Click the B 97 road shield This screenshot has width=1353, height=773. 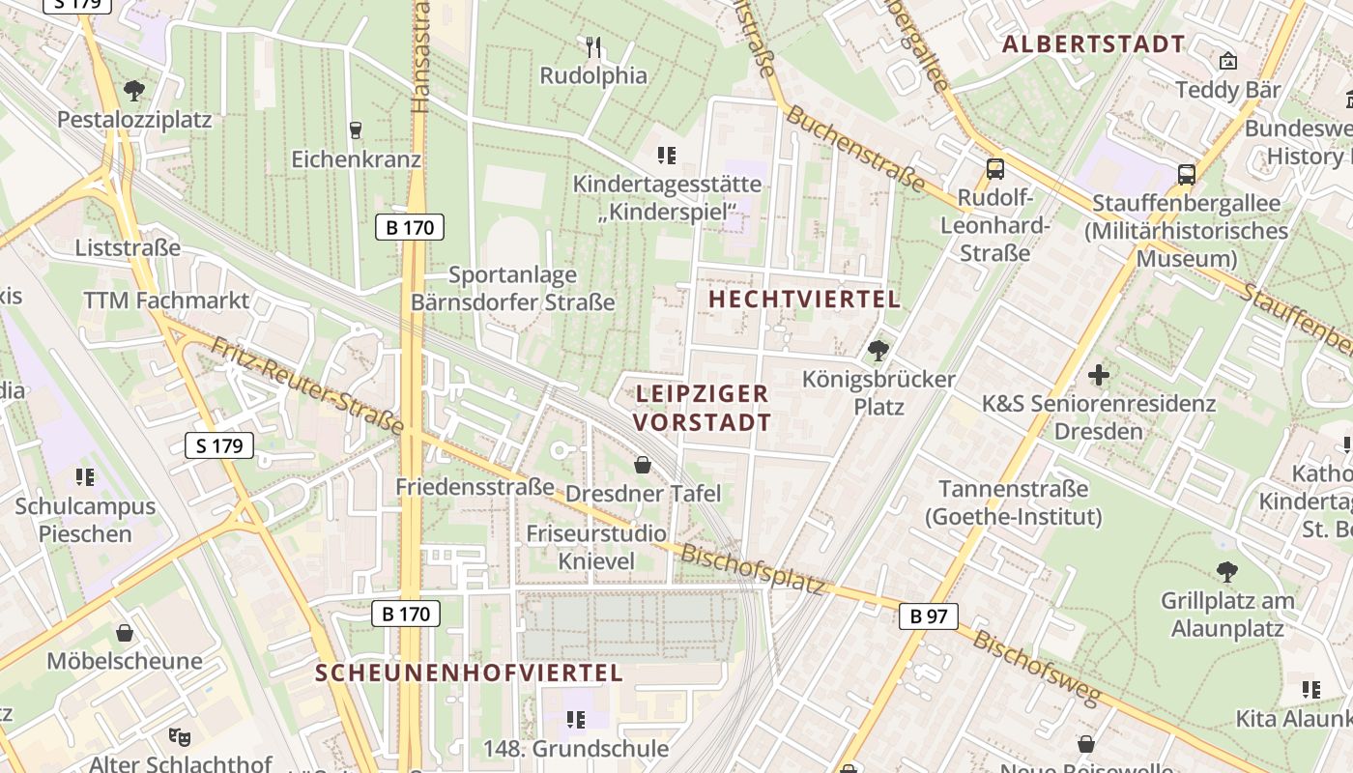(x=928, y=616)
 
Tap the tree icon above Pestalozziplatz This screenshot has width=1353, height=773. (x=134, y=92)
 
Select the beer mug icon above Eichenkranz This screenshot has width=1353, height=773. (x=356, y=129)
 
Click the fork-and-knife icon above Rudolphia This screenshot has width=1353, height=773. (x=593, y=45)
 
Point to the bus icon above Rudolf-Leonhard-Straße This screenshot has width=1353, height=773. (x=995, y=169)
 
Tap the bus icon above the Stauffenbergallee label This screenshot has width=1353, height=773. (x=1187, y=174)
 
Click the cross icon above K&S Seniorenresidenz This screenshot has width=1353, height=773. (x=1098, y=374)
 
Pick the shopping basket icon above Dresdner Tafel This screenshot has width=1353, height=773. (x=643, y=465)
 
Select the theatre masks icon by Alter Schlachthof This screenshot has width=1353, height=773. (x=179, y=737)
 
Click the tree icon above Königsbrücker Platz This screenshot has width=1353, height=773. (x=878, y=350)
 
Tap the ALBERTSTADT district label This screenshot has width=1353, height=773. (x=1093, y=43)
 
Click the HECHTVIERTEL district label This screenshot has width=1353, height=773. (x=804, y=300)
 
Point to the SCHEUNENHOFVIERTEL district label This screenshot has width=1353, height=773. (x=469, y=673)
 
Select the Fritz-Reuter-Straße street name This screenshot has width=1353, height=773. (x=306, y=385)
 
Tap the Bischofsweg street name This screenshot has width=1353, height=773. (x=1037, y=667)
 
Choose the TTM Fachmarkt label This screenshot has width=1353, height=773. (x=166, y=301)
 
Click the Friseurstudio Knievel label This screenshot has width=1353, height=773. (x=596, y=547)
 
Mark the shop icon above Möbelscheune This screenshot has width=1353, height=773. (x=124, y=633)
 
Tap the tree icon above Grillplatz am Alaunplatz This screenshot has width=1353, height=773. (x=1226, y=572)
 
